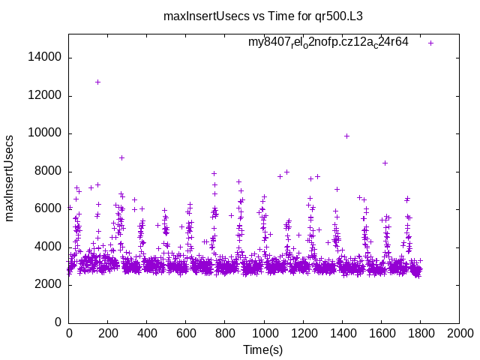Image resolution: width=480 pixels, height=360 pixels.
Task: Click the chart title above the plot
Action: point(268,16)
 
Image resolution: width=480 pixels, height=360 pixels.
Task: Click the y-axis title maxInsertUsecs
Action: point(10,178)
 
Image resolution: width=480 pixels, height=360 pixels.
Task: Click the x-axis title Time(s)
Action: point(263,350)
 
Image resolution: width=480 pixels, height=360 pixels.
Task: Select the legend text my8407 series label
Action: point(328,42)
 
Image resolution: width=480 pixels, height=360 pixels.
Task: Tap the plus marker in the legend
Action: point(430,43)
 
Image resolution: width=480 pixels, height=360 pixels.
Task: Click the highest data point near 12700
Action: point(98,82)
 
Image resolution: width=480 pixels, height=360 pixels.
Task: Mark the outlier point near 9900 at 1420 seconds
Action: point(346,136)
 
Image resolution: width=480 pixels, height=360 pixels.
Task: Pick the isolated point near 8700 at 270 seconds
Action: point(121,157)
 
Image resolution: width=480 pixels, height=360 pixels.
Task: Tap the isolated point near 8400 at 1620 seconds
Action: point(385,163)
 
